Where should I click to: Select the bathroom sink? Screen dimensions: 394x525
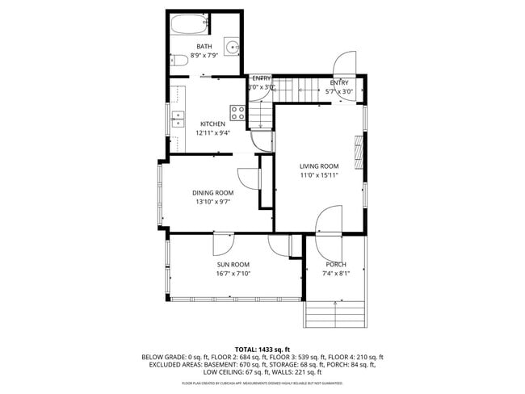(x=232, y=47)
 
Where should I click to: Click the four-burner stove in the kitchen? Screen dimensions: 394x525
(x=238, y=112)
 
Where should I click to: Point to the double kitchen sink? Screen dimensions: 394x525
(x=177, y=122)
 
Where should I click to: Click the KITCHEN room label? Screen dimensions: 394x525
(x=212, y=124)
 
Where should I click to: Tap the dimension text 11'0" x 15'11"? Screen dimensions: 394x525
(x=318, y=174)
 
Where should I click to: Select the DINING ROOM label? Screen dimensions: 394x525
(x=212, y=192)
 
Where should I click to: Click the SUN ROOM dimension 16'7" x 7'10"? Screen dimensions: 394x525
(x=233, y=274)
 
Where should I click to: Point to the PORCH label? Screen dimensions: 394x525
(x=336, y=265)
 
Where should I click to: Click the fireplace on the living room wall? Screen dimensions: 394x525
(x=358, y=149)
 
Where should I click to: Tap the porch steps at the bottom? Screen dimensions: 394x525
(x=336, y=313)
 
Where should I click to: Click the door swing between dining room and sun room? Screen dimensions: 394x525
(x=224, y=241)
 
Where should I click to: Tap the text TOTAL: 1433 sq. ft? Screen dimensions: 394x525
(x=262, y=349)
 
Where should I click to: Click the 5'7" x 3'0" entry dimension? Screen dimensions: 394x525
(x=339, y=92)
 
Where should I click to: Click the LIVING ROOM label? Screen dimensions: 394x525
(x=318, y=166)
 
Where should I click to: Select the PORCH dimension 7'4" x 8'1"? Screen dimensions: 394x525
(x=336, y=274)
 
